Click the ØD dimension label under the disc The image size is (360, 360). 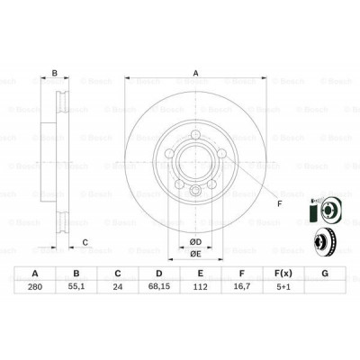click(193, 241)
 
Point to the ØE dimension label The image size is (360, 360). click(193, 255)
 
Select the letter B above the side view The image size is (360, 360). click(54, 74)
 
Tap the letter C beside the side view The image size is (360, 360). click(85, 241)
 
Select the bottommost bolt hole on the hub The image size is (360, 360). click(193, 191)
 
